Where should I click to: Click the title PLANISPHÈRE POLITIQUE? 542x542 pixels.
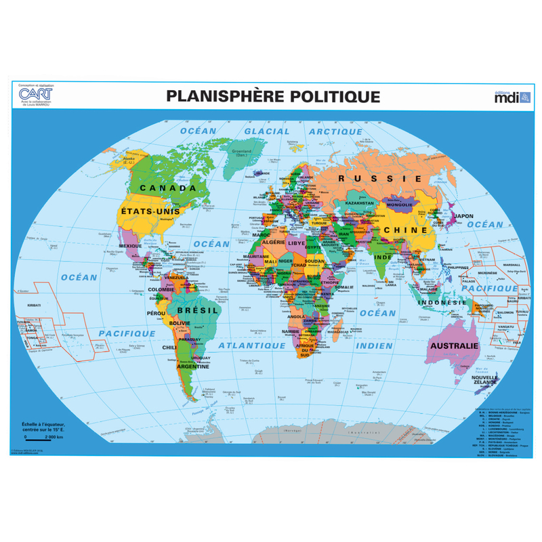pos(273,96)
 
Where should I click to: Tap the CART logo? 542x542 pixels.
pos(34,95)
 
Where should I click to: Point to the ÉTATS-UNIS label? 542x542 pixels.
pos(150,212)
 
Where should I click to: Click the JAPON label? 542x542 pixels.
pos(463,217)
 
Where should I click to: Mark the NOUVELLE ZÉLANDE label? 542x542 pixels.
pos(484,382)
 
